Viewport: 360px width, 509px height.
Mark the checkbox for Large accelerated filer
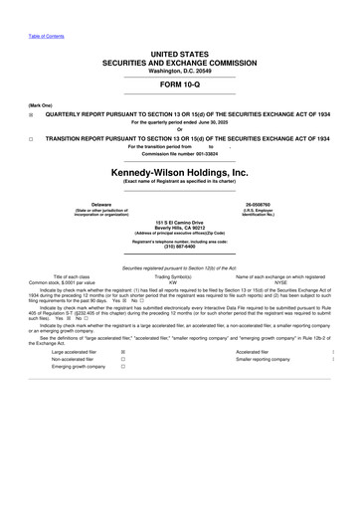pos(122,351)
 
